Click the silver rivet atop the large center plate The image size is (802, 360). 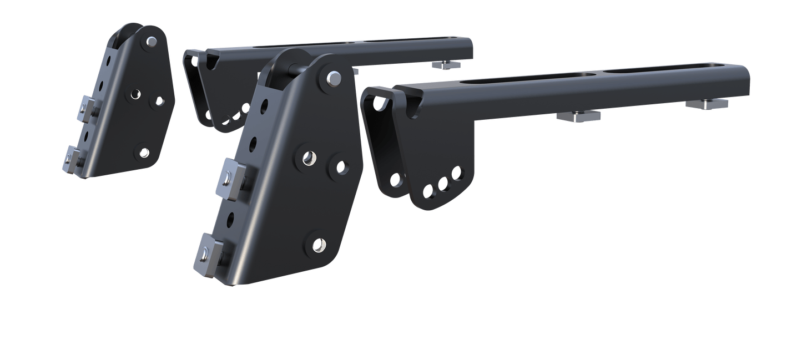coord(334,78)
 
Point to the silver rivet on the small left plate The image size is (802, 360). coord(152,40)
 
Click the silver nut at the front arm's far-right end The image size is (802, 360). coord(708,104)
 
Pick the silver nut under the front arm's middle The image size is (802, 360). coord(578,116)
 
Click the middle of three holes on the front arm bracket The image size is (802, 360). coord(443,184)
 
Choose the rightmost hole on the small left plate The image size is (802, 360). coord(159,102)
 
